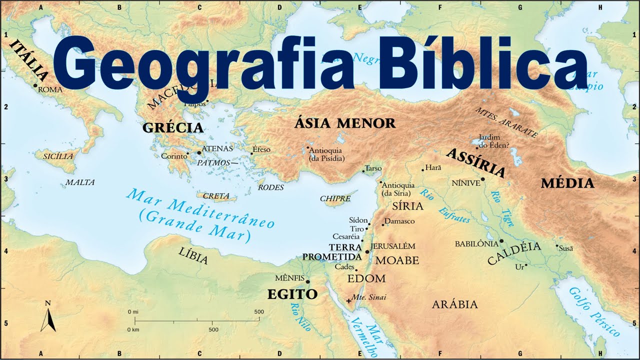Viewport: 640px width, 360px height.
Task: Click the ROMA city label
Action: [50, 89]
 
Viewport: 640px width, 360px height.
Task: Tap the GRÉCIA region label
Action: [173, 128]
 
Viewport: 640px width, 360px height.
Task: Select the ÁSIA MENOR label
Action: [344, 123]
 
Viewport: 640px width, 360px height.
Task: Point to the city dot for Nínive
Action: [483, 179]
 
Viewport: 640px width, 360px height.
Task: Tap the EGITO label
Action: [292, 294]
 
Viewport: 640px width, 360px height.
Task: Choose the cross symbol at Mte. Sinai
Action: [348, 300]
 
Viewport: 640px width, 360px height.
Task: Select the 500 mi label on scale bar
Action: [259, 312]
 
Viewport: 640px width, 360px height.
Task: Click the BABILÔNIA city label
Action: [476, 244]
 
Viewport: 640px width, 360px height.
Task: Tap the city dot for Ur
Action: [526, 265]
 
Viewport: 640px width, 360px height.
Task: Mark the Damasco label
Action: [400, 221]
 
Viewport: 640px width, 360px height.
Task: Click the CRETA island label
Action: [216, 196]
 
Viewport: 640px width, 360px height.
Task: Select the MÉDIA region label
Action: [567, 183]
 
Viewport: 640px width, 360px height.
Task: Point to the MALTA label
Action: [80, 182]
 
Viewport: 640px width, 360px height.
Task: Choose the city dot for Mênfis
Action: [307, 281]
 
